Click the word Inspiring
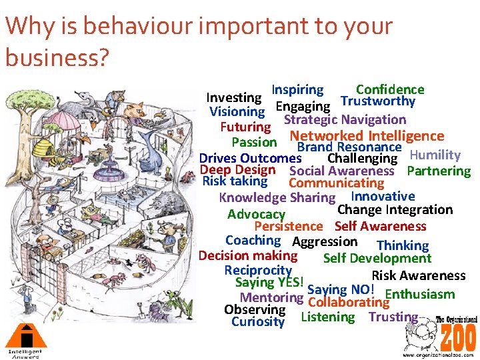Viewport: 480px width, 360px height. tap(297, 90)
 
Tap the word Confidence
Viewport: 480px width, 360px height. tap(390, 90)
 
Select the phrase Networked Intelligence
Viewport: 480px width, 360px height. tap(367, 136)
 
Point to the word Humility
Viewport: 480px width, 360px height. tap(435, 155)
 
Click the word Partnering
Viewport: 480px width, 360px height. tap(439, 171)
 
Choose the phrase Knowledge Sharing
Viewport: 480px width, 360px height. tap(277, 197)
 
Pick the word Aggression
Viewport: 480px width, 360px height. tap(325, 241)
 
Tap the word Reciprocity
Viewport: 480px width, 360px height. tap(258, 270)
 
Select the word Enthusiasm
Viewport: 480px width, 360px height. tap(420, 294)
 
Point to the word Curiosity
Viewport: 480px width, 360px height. tap(258, 322)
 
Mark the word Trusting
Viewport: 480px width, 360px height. tap(393, 317)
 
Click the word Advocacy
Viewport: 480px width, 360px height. tap(256, 214)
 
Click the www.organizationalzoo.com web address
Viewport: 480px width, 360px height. tap(439, 355)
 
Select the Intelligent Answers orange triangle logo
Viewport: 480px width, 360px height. tap(25, 335)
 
